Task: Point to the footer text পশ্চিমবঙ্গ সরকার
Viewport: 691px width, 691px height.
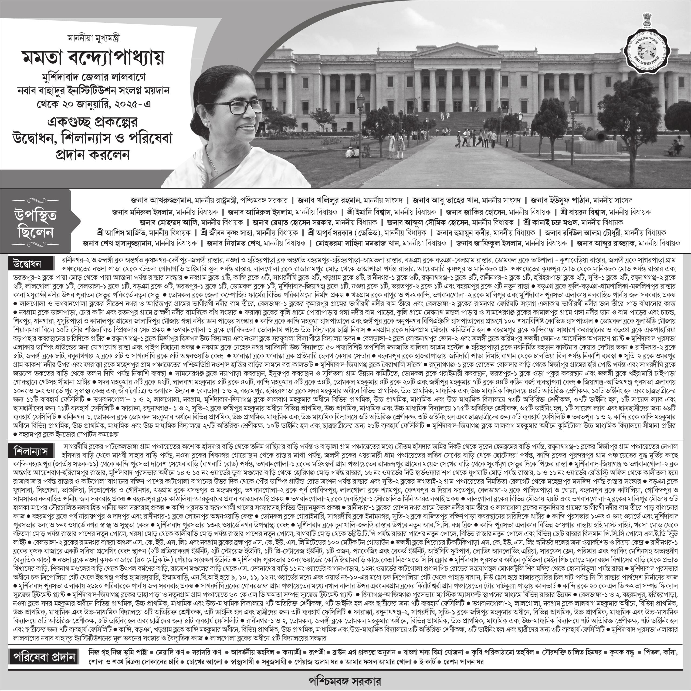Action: pos(345,680)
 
